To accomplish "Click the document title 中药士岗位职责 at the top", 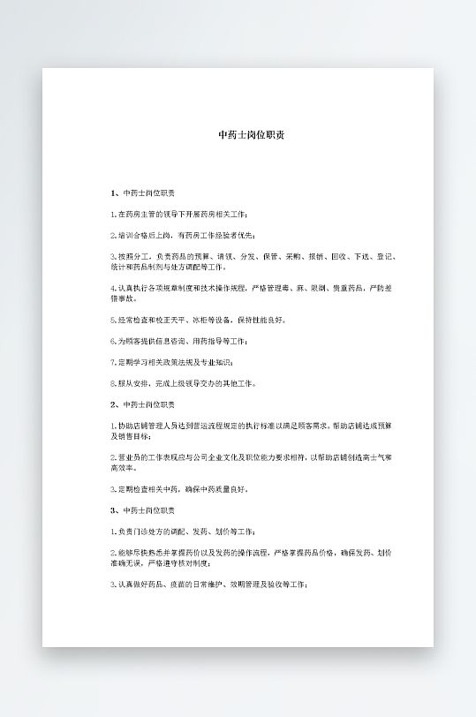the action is pyautogui.click(x=251, y=135).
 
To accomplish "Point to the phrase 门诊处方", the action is pyautogui.click(x=150, y=532).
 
